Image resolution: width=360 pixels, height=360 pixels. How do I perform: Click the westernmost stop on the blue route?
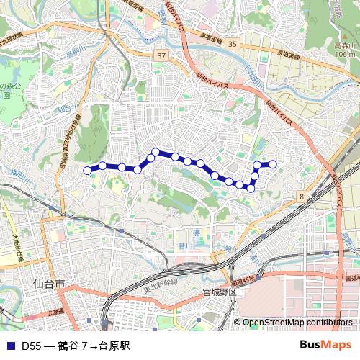[x=88, y=171]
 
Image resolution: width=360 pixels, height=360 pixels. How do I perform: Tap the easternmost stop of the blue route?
[x=273, y=164]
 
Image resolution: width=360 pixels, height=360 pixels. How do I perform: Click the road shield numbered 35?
[x=231, y=45]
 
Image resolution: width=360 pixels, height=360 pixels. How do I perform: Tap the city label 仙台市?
[x=49, y=285]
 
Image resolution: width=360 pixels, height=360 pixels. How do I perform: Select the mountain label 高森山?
[x=345, y=45]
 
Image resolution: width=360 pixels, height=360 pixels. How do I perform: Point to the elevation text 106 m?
[x=346, y=54]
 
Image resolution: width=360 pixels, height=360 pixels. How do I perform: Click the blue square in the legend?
[x=9, y=346]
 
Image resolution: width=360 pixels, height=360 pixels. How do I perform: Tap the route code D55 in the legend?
[x=30, y=346]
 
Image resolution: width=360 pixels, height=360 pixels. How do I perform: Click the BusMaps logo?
[x=325, y=345]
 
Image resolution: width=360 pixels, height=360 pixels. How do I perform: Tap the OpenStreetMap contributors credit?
[x=300, y=323]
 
